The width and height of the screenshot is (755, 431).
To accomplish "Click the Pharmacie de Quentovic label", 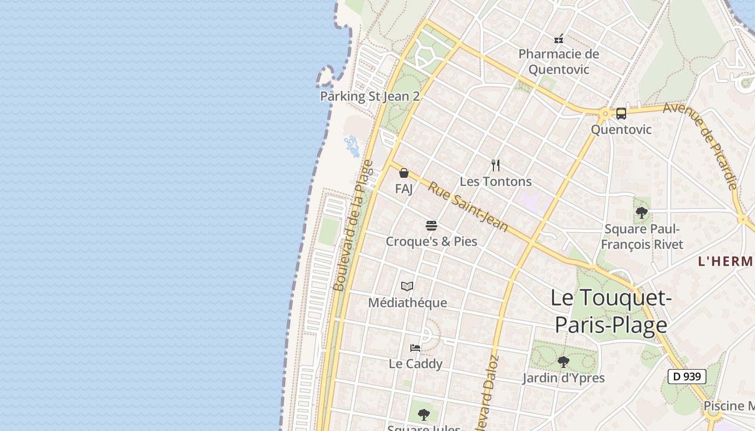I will coord(559,61).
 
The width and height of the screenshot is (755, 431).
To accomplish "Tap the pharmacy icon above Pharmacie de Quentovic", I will coord(559,39).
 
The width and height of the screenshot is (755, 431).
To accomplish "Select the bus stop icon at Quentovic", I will coord(621,114).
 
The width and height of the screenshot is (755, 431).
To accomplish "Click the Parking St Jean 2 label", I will coord(370,96).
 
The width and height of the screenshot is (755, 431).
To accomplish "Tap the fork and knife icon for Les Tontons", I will coord(496,165).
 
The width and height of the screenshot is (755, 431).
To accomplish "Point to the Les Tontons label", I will coord(496,182).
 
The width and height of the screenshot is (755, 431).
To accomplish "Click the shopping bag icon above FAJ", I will coord(404,173).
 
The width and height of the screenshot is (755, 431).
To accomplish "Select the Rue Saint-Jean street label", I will coord(468,206).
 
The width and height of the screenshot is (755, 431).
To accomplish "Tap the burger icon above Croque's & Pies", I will coord(431,225).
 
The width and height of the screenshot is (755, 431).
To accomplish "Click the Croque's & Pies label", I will coord(431,241).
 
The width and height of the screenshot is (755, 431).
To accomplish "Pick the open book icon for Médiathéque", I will coord(407,287).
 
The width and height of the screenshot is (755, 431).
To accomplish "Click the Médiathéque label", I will coord(408,303).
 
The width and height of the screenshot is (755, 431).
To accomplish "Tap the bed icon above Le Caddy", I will coord(415,348).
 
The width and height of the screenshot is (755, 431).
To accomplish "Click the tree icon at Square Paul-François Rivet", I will coord(642,213).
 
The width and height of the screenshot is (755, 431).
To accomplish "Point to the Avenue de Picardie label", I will coord(701,145).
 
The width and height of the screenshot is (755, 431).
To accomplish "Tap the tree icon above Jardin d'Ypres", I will coord(564,362).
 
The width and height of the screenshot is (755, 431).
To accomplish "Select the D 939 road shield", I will coord(687,376).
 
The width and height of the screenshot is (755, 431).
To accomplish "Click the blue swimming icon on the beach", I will coord(352,145).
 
